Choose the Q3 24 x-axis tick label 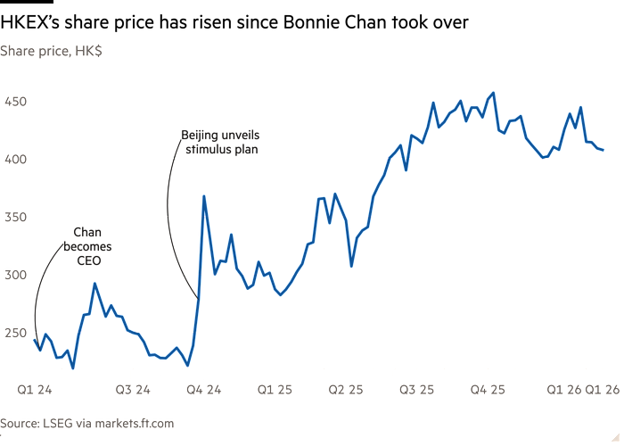click(x=134, y=390)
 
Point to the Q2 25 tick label click(x=345, y=390)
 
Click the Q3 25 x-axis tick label click(x=416, y=390)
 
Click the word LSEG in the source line click(x=59, y=424)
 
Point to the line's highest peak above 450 click(x=495, y=92)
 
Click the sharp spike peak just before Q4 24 click(x=204, y=196)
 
